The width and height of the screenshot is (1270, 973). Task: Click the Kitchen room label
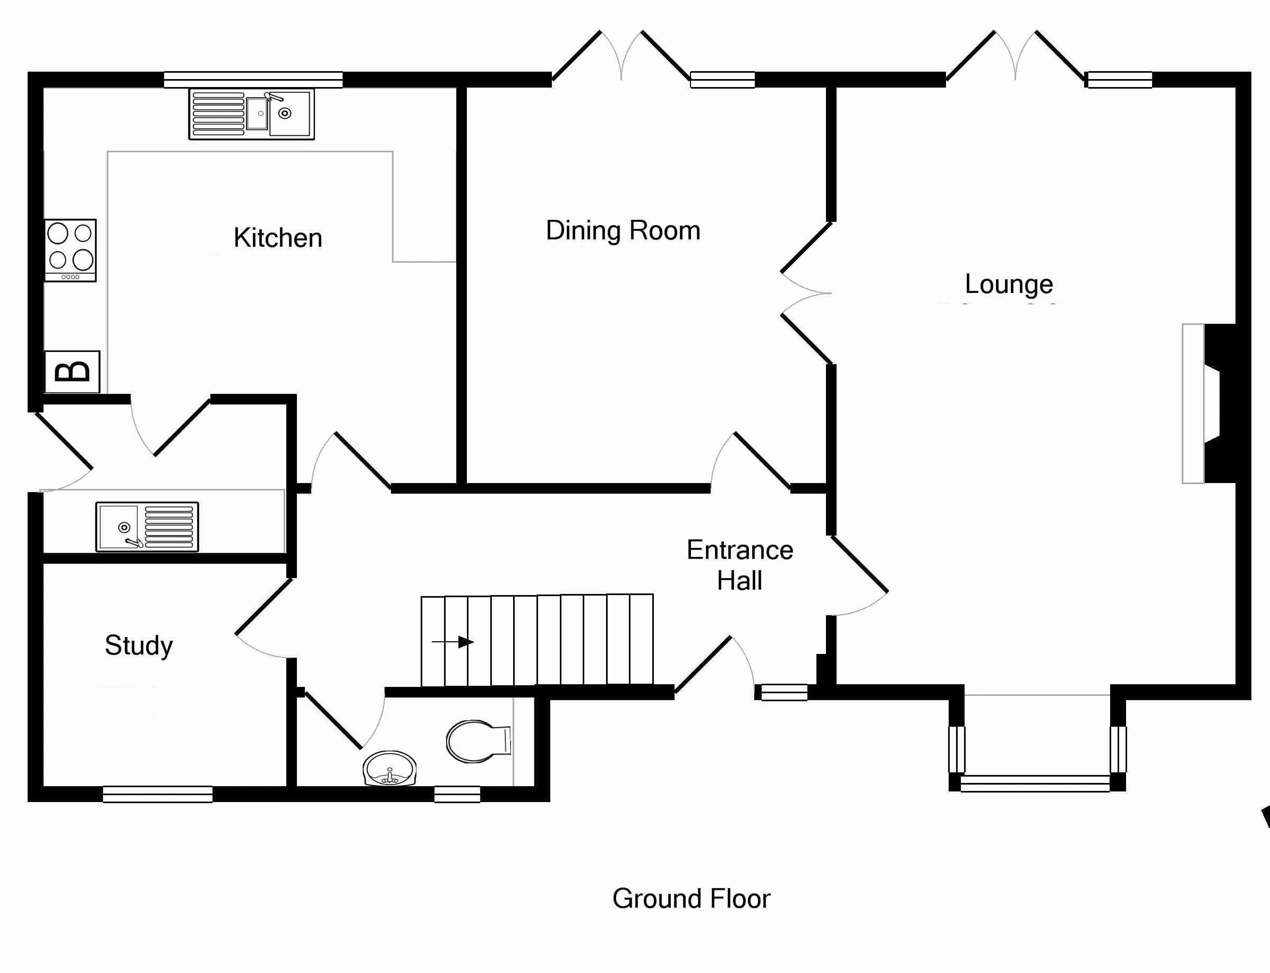277,238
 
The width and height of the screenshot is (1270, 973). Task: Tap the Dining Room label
623,230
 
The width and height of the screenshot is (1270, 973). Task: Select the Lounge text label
1009,285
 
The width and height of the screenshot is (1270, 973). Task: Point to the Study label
139,645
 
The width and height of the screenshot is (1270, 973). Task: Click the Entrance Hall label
740,565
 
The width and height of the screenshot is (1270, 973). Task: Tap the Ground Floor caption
691,899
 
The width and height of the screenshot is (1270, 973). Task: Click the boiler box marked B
72,372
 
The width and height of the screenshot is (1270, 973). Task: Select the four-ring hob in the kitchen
71,250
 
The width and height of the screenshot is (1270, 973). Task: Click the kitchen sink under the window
251,114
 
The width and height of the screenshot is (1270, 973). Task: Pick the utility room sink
147,527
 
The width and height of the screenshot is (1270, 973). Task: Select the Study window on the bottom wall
158,794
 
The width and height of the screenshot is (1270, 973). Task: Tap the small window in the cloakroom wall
457,794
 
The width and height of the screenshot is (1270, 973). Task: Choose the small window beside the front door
784,692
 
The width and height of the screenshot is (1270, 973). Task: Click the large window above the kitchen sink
253,79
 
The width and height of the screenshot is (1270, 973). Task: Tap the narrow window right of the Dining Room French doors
722,79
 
